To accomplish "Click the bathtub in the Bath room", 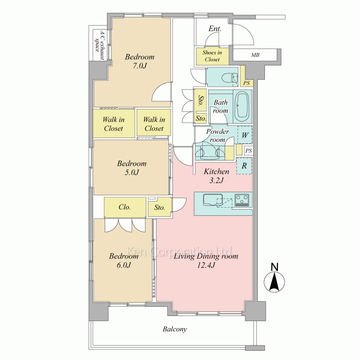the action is point(243,107).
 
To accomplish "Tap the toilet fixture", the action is point(230,78).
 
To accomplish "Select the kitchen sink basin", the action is point(213,200).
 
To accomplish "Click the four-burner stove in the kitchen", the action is point(242,200).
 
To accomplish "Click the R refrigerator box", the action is point(244,166).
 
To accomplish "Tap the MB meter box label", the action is point(255,55).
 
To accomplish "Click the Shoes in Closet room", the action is point(212,56).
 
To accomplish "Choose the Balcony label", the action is point(175,329).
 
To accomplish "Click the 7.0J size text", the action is point(140,66).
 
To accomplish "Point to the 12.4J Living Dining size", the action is point(206,265).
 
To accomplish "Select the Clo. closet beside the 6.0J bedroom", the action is point(125,207).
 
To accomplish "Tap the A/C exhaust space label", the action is point(100,45).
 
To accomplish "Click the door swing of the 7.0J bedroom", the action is point(161,92).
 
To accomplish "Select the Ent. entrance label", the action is point(215,29).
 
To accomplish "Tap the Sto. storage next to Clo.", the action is point(159,207).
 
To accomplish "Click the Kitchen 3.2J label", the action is point(216,176).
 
